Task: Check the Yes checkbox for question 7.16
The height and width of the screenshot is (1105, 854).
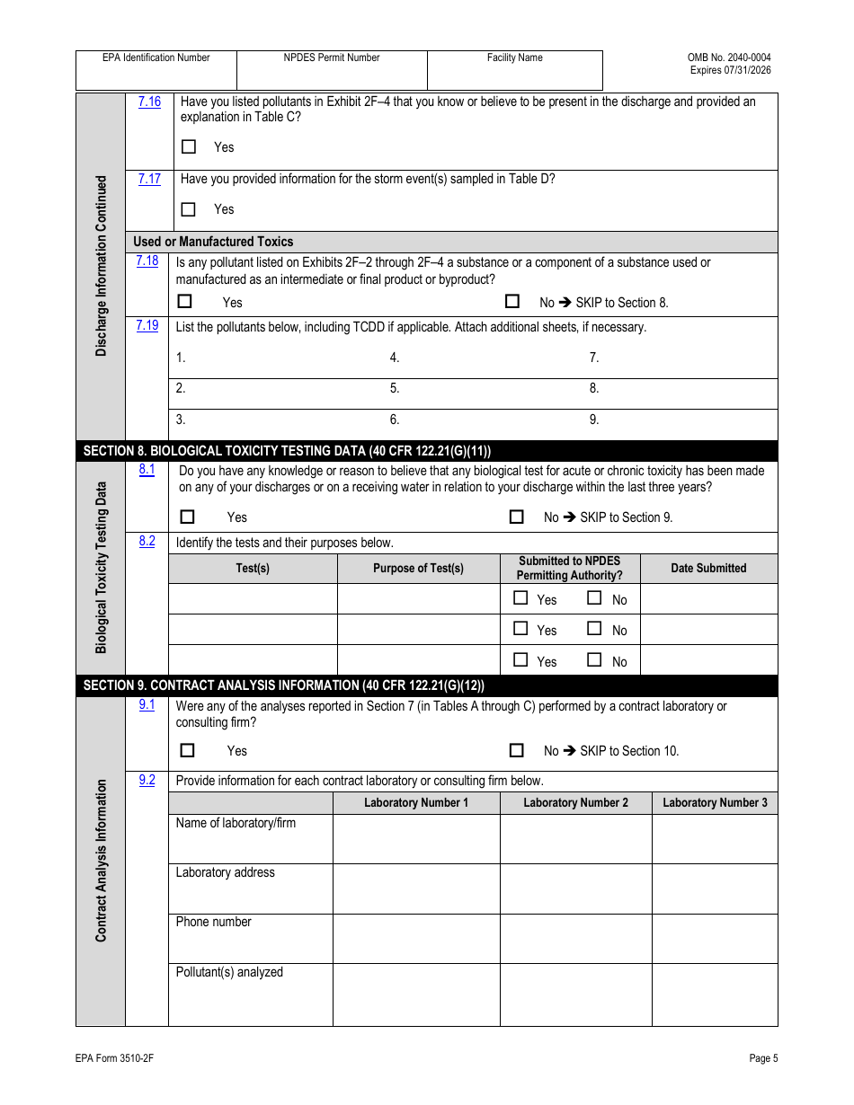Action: pos(188,146)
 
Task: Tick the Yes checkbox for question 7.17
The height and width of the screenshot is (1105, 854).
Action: pos(188,209)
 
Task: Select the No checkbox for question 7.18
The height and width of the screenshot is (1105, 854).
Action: pos(512,302)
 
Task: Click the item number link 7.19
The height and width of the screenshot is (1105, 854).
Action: pos(147,325)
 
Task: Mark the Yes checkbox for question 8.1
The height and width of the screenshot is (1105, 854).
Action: pos(187,517)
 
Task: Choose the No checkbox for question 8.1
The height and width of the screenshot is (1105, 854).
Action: pos(516,517)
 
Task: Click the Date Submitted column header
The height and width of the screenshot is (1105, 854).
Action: pos(708,568)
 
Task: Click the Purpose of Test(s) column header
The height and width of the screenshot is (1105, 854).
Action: pos(418,568)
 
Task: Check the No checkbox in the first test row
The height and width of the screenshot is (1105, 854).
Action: pos(594,598)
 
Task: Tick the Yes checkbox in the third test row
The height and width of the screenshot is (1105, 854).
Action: pos(520,660)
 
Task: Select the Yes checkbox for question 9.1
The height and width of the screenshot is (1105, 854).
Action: pos(187,750)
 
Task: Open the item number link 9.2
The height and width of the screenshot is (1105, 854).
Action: pos(147,780)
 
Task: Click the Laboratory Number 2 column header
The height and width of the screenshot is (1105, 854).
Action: pos(575,802)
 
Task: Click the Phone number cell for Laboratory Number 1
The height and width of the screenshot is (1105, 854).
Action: pos(416,939)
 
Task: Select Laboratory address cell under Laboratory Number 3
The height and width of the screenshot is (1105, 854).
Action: pos(715,888)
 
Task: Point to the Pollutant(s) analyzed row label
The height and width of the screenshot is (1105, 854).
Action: pos(229,972)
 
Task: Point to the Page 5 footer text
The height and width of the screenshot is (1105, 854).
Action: pos(763,1058)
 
